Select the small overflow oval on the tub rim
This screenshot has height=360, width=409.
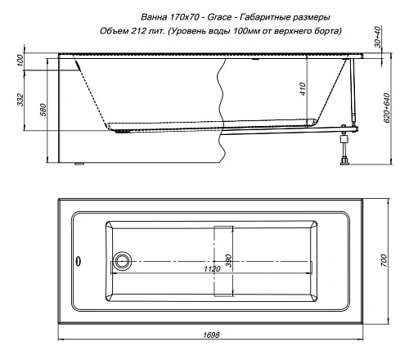point(78,262)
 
